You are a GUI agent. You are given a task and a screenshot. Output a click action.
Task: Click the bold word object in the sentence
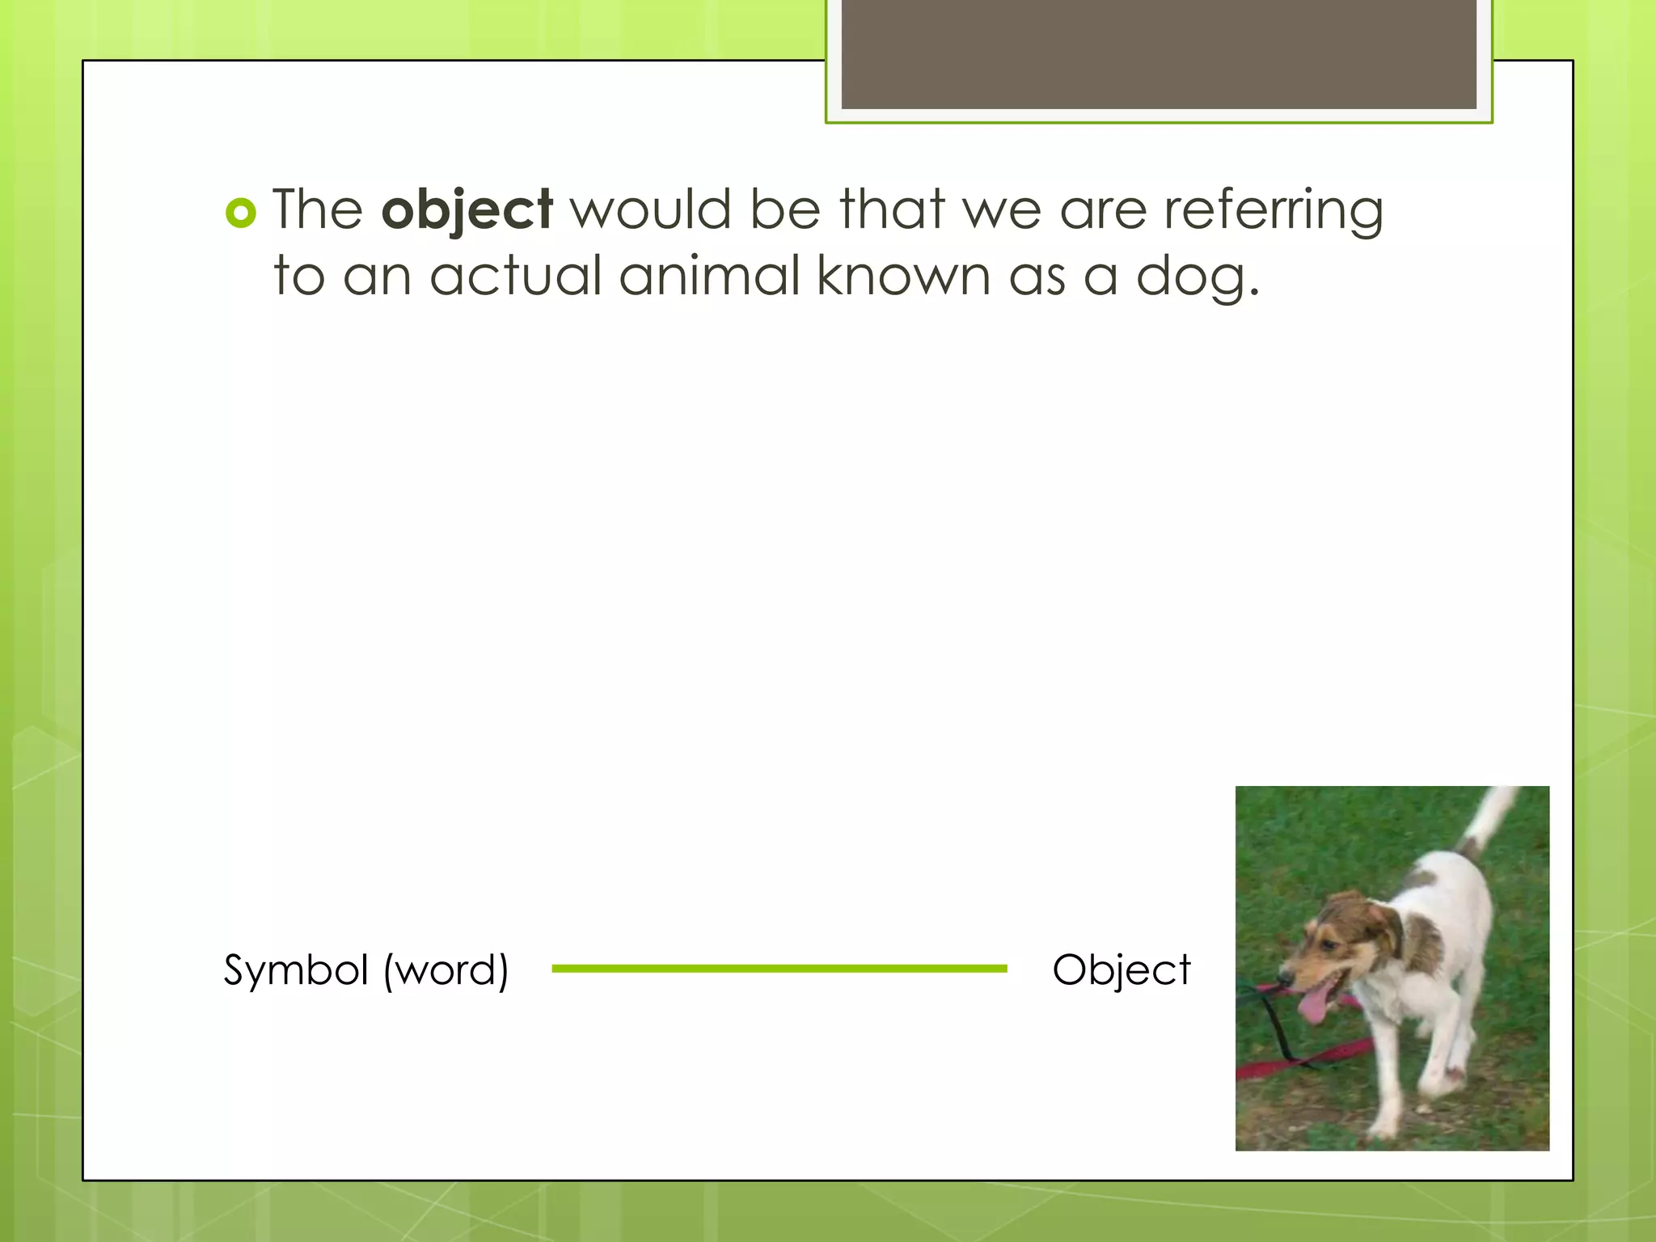[x=467, y=210]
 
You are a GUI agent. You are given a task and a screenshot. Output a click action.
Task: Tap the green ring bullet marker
[x=241, y=213]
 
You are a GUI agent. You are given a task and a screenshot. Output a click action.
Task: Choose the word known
[x=903, y=275]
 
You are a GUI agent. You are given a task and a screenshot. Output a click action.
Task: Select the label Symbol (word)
[x=366, y=970]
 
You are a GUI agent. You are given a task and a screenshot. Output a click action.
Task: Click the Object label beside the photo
[x=1122, y=970]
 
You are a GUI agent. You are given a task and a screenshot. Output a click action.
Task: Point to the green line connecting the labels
[x=779, y=968]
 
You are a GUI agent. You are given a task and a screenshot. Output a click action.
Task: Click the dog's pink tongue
[x=1315, y=1006]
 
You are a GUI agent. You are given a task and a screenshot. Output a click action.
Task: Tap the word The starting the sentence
[x=317, y=209]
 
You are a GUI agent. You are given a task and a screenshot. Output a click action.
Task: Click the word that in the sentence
[x=892, y=209]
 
